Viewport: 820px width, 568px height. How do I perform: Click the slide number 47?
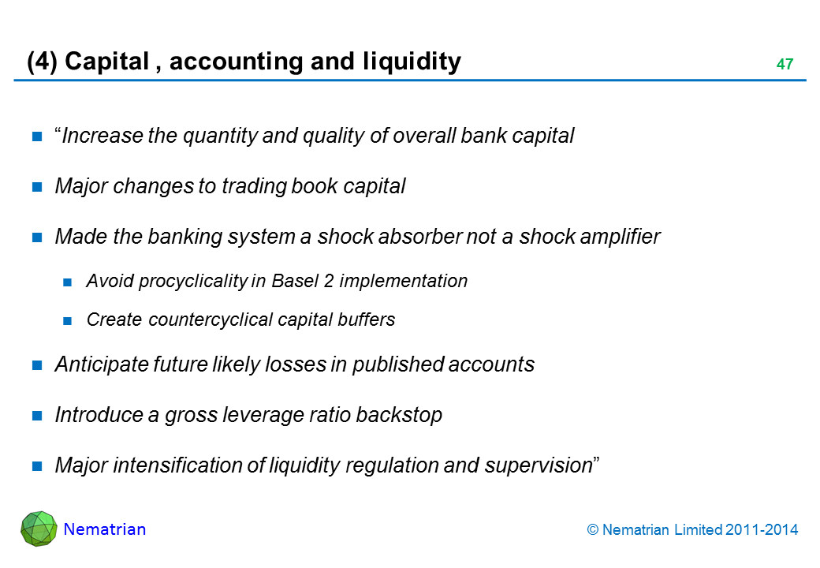pyautogui.click(x=784, y=65)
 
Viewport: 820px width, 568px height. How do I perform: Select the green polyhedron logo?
pyautogui.click(x=39, y=529)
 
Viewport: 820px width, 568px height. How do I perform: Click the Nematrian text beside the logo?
pyautogui.click(x=105, y=530)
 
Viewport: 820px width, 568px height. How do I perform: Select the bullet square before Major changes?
pyautogui.click(x=37, y=187)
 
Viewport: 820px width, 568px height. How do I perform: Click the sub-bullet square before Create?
pyautogui.click(x=68, y=320)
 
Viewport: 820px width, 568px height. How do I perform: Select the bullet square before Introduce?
pyautogui.click(x=37, y=416)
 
